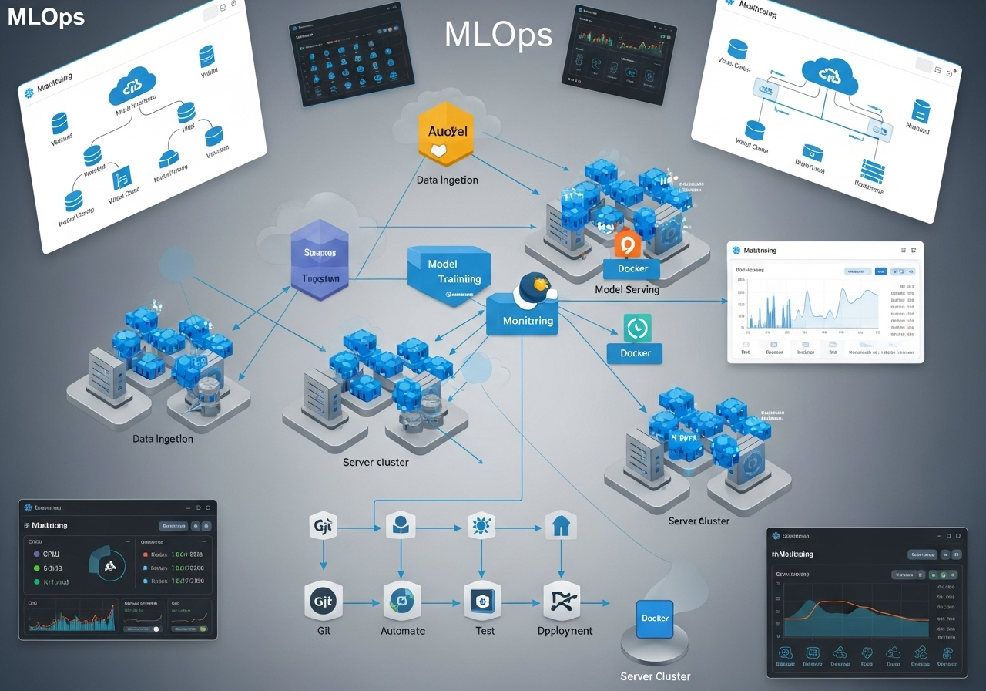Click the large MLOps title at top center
point(498,34)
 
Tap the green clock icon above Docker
point(637,328)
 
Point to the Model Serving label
point(627,290)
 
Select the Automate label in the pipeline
point(402,630)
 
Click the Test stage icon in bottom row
point(482,601)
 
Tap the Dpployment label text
point(565,630)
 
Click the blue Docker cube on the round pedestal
point(656,619)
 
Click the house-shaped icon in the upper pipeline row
point(560,528)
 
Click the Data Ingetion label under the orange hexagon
point(447,180)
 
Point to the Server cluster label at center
point(376,462)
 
